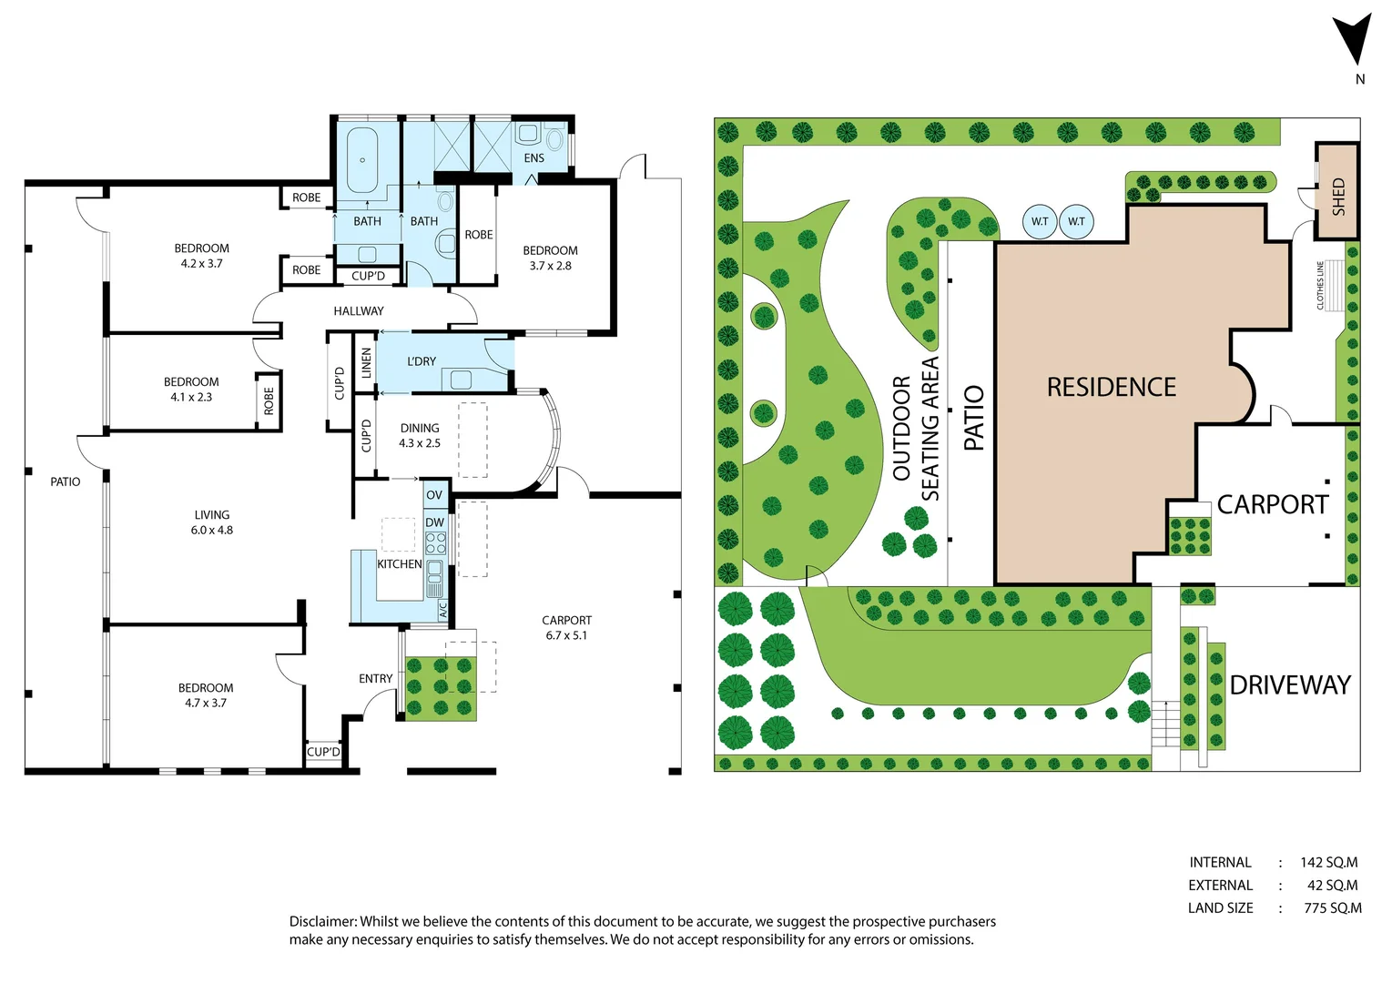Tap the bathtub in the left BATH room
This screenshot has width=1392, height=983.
[x=362, y=160]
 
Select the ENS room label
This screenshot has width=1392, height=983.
[x=533, y=158]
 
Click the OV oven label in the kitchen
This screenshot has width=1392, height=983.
[x=434, y=495]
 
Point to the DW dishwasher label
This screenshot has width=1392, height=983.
[x=434, y=522]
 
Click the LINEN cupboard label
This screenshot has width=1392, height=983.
[x=366, y=363]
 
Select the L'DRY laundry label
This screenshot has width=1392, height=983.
[x=421, y=361]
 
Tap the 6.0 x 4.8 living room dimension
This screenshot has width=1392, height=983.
[x=211, y=530]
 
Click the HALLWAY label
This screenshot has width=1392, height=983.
[x=358, y=311]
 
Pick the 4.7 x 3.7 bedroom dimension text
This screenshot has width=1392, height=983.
[x=206, y=703]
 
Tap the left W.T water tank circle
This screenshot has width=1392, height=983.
[x=1040, y=221]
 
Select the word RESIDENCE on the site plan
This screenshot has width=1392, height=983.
[x=1111, y=388]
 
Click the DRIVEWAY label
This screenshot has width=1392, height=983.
[x=1289, y=684]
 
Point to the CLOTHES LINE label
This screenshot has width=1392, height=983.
[x=1321, y=285]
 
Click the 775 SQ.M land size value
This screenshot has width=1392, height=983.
[x=1332, y=907]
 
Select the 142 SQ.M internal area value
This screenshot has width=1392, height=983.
[x=1328, y=862]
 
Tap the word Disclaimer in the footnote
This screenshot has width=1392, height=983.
[x=321, y=921]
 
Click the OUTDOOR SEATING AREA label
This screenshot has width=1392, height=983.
[x=916, y=428]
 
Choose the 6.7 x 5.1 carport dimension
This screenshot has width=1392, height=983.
[x=566, y=635]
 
